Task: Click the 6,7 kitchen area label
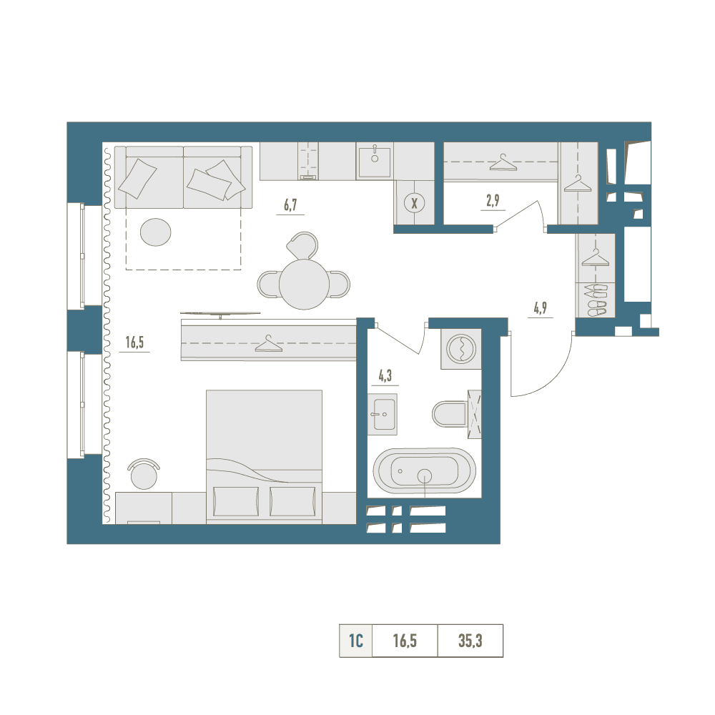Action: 290,204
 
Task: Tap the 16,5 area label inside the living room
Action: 134,342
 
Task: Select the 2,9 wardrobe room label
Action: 493,200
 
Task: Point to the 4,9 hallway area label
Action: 541,308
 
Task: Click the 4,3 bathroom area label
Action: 385,376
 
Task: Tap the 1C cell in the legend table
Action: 355,641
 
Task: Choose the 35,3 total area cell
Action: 470,641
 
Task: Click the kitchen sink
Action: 375,162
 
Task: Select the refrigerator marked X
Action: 415,203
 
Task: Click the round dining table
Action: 304,284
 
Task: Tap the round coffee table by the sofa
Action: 155,232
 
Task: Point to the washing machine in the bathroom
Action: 461,349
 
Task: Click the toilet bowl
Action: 450,414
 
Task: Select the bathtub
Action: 425,471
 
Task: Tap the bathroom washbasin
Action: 383,414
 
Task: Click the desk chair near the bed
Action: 144,474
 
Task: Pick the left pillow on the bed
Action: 236,501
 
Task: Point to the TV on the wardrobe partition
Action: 220,314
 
